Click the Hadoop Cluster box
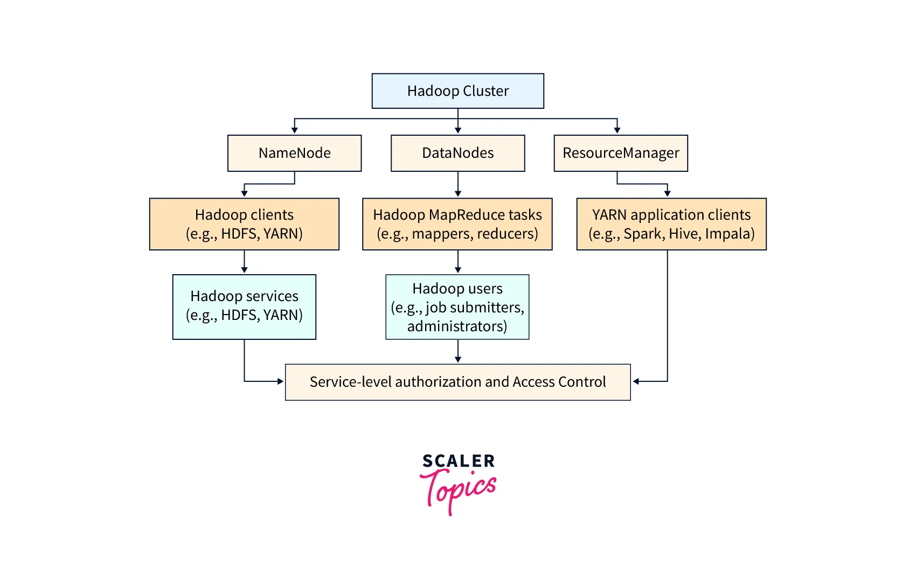(x=457, y=91)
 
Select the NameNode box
(x=294, y=153)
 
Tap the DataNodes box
(x=457, y=153)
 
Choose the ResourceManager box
(x=621, y=153)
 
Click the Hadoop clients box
(x=244, y=224)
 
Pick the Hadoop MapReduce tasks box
(x=457, y=224)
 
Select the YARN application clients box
(x=671, y=224)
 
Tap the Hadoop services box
(x=244, y=307)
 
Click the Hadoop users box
(x=457, y=307)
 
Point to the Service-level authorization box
(x=457, y=382)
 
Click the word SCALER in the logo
(x=459, y=462)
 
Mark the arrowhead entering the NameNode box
(x=294, y=130)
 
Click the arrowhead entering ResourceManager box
(x=617, y=130)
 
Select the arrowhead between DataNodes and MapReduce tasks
(x=457, y=193)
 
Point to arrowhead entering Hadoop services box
(x=244, y=270)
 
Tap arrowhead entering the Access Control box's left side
(x=280, y=381)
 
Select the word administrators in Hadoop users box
(x=457, y=326)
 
